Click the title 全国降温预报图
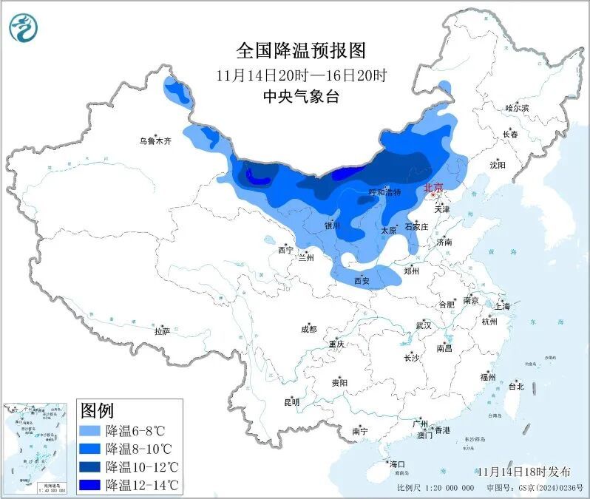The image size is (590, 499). click(x=300, y=51)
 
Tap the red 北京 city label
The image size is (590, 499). click(x=433, y=189)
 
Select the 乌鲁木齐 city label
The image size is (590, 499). click(x=155, y=140)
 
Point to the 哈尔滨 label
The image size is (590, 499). click(x=517, y=108)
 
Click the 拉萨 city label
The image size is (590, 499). click(x=162, y=331)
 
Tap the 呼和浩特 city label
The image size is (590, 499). click(x=384, y=192)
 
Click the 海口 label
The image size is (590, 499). click(x=397, y=464)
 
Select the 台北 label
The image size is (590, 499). click(x=515, y=386)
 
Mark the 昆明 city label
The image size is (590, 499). click(x=292, y=403)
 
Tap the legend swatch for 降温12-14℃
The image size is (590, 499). click(x=89, y=485)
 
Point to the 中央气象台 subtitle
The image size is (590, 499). click(x=300, y=96)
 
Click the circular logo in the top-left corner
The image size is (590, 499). click(x=23, y=27)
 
